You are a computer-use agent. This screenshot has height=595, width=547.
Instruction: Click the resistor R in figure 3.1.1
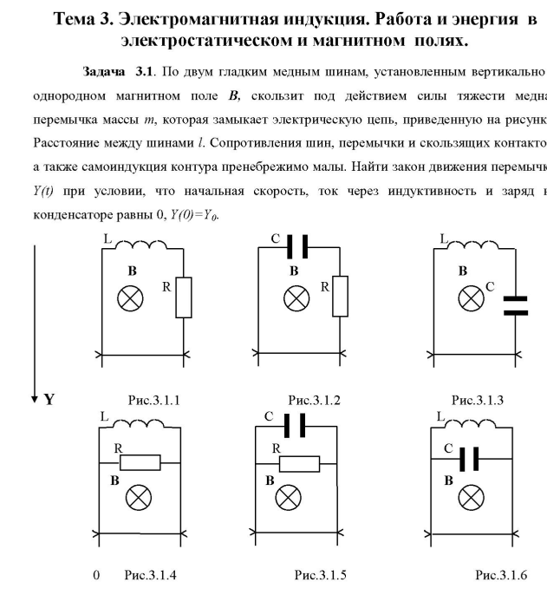184,297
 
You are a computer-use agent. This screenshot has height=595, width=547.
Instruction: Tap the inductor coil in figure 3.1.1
143,250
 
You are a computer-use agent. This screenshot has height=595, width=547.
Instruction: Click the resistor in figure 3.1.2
341,297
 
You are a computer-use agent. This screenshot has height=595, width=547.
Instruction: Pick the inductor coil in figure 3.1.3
474,250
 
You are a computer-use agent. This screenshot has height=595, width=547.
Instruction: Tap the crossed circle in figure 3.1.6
471,497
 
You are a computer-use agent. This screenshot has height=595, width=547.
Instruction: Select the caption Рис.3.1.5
318,575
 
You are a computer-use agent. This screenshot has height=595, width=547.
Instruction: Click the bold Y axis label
49,402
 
